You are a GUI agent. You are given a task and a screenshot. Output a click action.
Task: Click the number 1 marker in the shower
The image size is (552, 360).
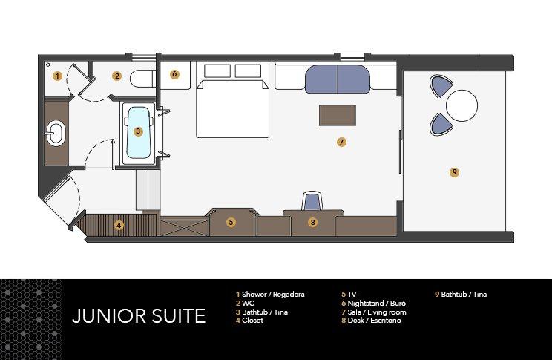pyautogui.click(x=57, y=76)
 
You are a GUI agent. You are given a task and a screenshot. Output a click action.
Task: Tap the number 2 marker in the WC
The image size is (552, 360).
pyautogui.click(x=116, y=76)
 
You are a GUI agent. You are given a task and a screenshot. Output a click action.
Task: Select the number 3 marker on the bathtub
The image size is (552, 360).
pyautogui.click(x=138, y=131)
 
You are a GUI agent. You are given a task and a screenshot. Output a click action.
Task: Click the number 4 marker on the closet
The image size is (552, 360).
pyautogui.click(x=118, y=224)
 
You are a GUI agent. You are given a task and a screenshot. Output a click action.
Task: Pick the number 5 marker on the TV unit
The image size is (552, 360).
pyautogui.click(x=231, y=221)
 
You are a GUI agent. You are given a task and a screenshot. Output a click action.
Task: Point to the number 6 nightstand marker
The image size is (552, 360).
pyautogui.click(x=174, y=74)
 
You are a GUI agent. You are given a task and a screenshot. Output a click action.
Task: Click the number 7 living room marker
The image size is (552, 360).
pyautogui.click(x=341, y=141)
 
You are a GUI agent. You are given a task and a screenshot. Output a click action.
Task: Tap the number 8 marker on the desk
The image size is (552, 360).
pyautogui.click(x=312, y=221)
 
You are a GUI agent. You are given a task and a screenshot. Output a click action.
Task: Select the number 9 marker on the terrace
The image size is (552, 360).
pyautogui.click(x=454, y=172)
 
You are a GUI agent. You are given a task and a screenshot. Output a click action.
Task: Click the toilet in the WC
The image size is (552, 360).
pyautogui.click(x=142, y=77)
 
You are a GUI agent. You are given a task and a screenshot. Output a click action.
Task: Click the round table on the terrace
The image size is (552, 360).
pyautogui.click(x=461, y=105)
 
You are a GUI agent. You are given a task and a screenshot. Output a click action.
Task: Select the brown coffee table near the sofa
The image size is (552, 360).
pyautogui.click(x=338, y=115)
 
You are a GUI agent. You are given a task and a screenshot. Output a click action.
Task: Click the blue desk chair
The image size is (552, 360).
pyautogui.click(x=313, y=200)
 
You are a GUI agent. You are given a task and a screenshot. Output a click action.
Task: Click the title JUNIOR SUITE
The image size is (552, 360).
pyautogui.click(x=139, y=316)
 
